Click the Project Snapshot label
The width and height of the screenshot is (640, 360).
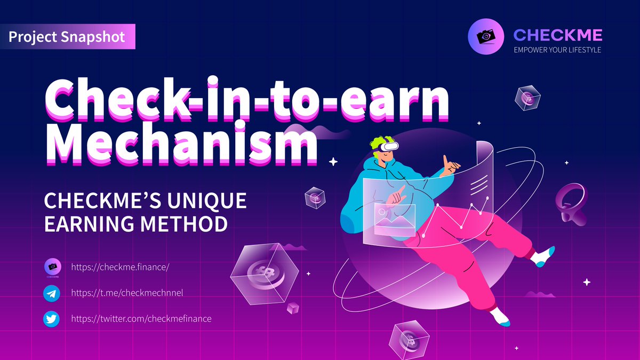67,37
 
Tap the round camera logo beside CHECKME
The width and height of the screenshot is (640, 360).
485,36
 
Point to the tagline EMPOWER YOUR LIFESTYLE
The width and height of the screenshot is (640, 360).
557,50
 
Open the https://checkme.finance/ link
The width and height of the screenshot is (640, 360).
120,267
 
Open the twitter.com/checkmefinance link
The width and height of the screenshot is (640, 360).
141,319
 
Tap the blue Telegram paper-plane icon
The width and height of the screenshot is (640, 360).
52,293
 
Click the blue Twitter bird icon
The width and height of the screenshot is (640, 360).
52,319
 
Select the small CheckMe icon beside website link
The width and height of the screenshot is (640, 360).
52,267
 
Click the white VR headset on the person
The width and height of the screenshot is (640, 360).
389,145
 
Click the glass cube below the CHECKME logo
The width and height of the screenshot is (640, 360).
527,98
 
